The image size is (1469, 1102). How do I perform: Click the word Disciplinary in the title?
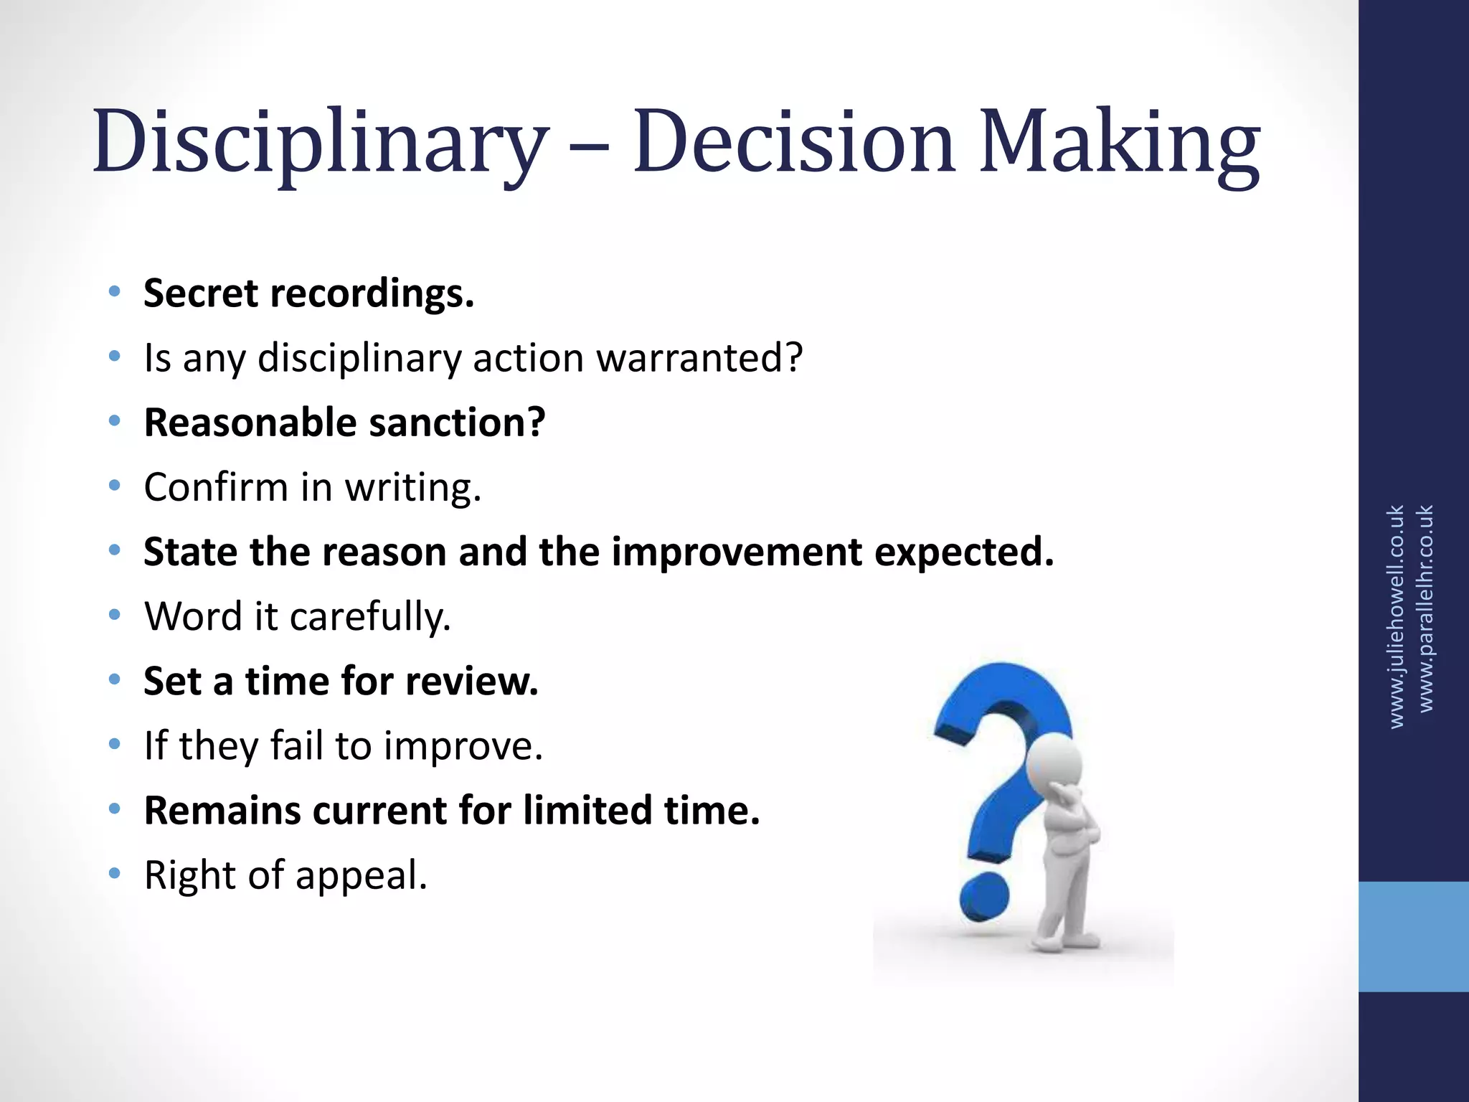click(x=320, y=141)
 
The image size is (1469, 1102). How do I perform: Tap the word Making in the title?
click(x=1119, y=141)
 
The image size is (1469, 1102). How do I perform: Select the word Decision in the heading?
click(x=794, y=141)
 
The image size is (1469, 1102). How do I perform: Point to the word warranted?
click(x=699, y=358)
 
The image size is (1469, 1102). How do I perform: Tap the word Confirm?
click(x=215, y=488)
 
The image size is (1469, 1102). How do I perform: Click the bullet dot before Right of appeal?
click(x=114, y=874)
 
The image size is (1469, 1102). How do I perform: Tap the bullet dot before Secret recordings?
click(x=114, y=292)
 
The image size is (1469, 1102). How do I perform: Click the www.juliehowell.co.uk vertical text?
click(x=1395, y=617)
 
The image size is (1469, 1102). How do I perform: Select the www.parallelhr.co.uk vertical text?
click(x=1426, y=608)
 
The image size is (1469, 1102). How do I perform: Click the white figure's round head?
click(x=1053, y=765)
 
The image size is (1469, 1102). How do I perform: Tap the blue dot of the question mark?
click(x=984, y=898)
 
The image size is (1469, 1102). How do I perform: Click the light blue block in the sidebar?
click(x=1413, y=936)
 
